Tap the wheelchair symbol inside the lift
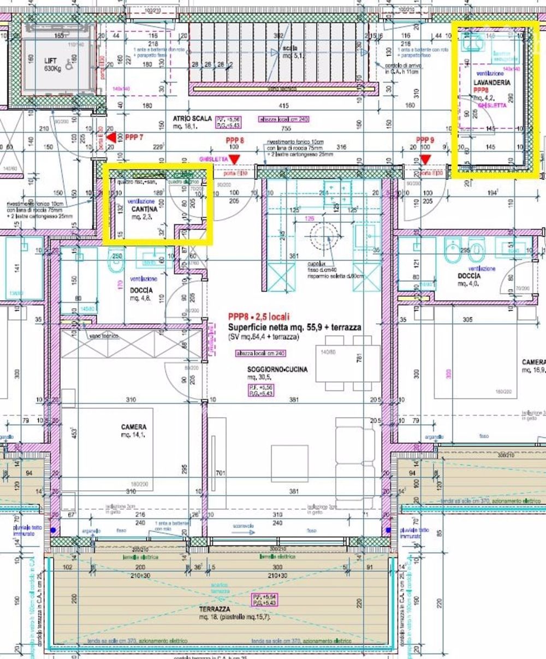click(70, 64)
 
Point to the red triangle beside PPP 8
click(235, 159)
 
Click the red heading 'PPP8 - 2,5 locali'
click(259, 317)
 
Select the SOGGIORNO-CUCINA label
click(277, 370)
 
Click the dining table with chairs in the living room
click(348, 363)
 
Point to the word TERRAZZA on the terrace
click(214, 609)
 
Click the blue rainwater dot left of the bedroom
click(53, 530)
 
